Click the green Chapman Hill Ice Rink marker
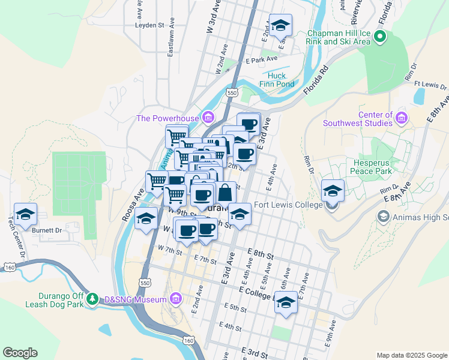point(379,37)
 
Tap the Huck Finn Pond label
point(277,80)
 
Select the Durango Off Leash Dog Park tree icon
point(92,298)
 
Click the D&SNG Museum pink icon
point(175,298)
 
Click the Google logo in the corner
point(20,353)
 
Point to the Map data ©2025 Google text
point(411,355)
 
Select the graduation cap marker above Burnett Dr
point(26,214)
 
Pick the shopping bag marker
point(224,193)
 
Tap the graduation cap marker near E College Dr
point(286,304)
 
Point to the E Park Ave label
point(262,59)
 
